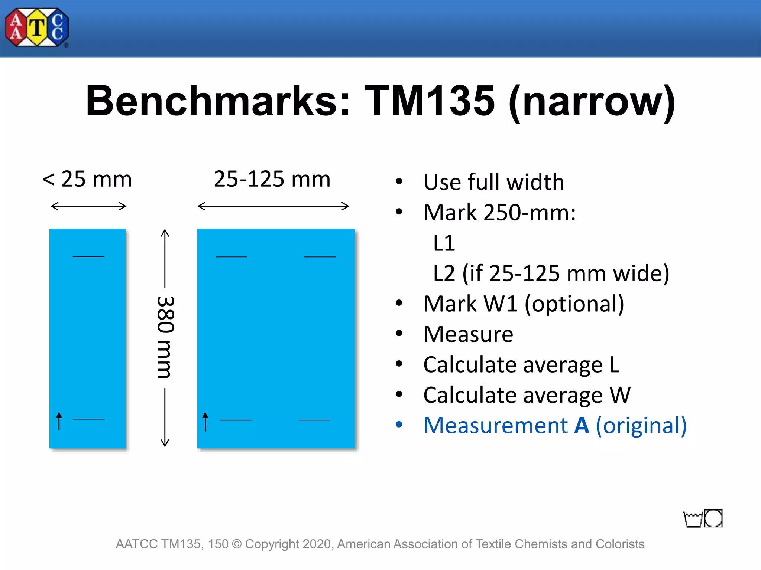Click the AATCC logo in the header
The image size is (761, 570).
(x=37, y=28)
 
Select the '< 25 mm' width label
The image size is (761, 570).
(x=87, y=179)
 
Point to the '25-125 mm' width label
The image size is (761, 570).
(x=272, y=179)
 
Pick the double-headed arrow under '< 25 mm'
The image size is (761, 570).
(x=88, y=206)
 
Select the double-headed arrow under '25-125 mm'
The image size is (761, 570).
(x=273, y=206)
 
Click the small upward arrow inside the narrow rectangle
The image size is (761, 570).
(x=59, y=421)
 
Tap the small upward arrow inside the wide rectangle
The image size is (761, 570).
(x=205, y=422)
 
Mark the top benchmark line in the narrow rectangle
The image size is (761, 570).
(x=88, y=256)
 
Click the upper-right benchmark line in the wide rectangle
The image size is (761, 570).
(x=320, y=257)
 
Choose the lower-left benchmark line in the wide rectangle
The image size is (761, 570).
(x=236, y=420)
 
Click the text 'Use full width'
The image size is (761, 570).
(x=494, y=182)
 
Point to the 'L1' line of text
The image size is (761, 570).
(x=444, y=243)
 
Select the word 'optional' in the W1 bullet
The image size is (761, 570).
(x=574, y=304)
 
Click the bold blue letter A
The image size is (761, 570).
(x=582, y=425)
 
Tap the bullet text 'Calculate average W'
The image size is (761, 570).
(x=527, y=395)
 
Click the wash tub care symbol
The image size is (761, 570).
(x=693, y=519)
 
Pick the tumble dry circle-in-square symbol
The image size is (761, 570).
(x=713, y=518)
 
